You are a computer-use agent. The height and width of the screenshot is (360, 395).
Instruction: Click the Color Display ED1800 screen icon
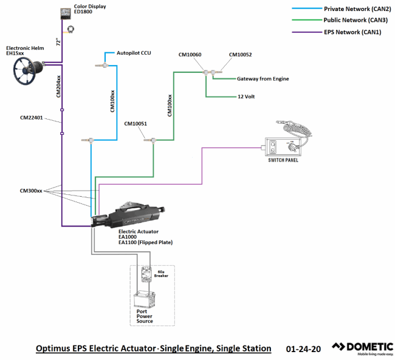(66, 14)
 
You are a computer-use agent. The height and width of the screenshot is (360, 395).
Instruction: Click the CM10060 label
(190, 55)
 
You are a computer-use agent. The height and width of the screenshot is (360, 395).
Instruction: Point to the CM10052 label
(240, 55)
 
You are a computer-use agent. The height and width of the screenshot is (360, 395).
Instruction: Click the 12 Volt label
(247, 97)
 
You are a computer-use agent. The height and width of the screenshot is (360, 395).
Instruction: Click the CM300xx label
(31, 191)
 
